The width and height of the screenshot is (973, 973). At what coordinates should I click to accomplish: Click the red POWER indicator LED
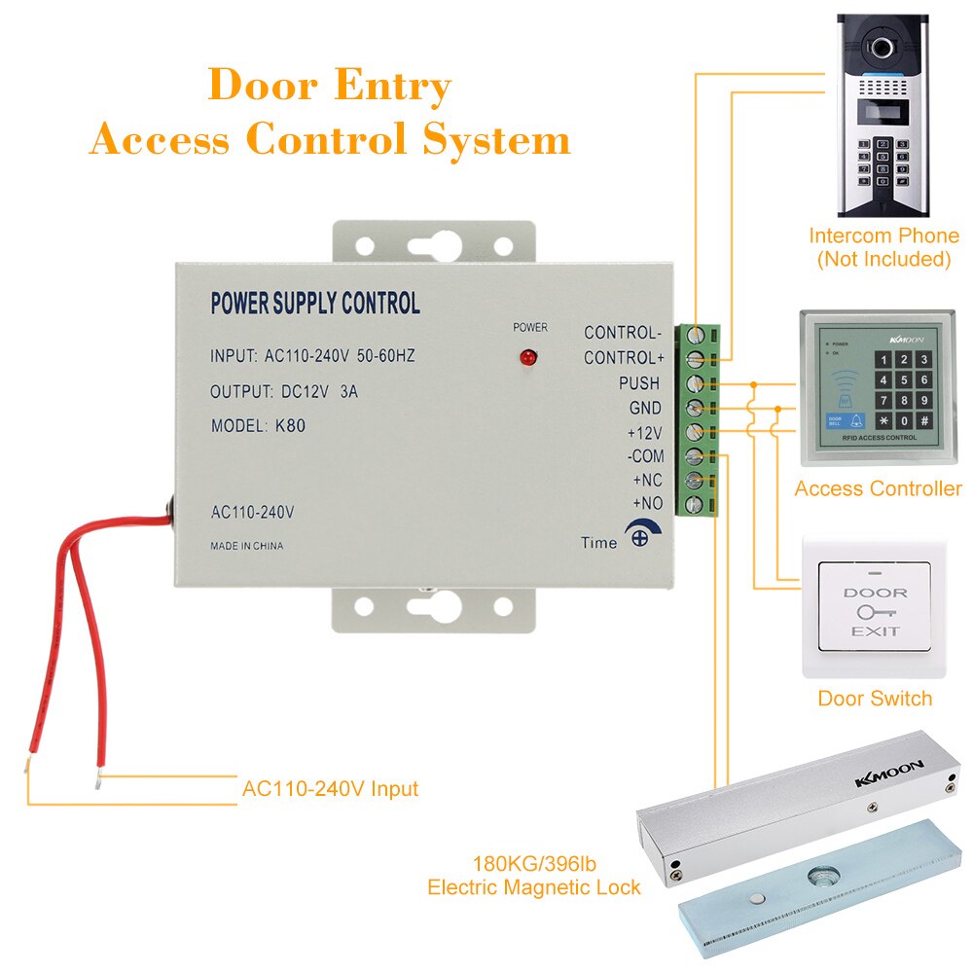[529, 358]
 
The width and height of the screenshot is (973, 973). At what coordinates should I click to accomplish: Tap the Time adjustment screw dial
[639, 533]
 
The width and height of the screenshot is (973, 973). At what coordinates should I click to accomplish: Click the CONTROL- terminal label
[623, 333]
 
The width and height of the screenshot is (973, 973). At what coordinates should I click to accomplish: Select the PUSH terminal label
[639, 383]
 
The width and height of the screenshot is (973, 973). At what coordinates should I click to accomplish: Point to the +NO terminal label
[647, 504]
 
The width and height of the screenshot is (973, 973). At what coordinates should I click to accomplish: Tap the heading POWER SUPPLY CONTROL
[315, 304]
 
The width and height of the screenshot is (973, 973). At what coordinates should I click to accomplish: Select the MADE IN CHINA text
[247, 546]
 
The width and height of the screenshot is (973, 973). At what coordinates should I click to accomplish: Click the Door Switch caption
[874, 699]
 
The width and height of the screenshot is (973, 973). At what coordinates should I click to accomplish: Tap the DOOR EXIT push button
[875, 611]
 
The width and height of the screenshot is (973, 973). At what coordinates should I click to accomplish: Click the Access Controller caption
[877, 489]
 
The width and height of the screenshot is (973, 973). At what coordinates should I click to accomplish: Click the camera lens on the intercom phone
[883, 47]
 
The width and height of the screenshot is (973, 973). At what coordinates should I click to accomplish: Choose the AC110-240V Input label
[330, 788]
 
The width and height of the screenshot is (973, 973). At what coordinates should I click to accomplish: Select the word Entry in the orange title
[392, 86]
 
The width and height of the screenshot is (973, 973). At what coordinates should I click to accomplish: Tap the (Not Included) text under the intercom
[883, 259]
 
